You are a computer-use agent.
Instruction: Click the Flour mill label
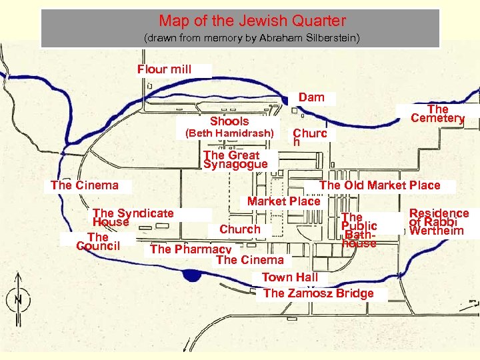point(164,69)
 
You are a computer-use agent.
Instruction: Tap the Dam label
point(311,97)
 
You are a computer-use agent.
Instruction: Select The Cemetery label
point(437,113)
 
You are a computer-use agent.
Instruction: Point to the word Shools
point(229,121)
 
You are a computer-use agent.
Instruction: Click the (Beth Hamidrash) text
point(229,133)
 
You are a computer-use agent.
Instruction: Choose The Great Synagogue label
point(235,159)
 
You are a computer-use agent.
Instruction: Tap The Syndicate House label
point(133,217)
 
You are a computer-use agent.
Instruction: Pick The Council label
point(98,241)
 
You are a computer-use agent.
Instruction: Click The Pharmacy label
point(191,249)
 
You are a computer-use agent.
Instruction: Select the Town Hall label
point(289,277)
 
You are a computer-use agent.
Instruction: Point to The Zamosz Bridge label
point(318,293)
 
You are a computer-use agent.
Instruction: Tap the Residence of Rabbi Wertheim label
point(439,222)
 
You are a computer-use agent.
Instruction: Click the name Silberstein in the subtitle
point(325,39)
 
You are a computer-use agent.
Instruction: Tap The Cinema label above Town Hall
point(249,260)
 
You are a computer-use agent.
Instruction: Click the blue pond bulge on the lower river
point(193,274)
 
